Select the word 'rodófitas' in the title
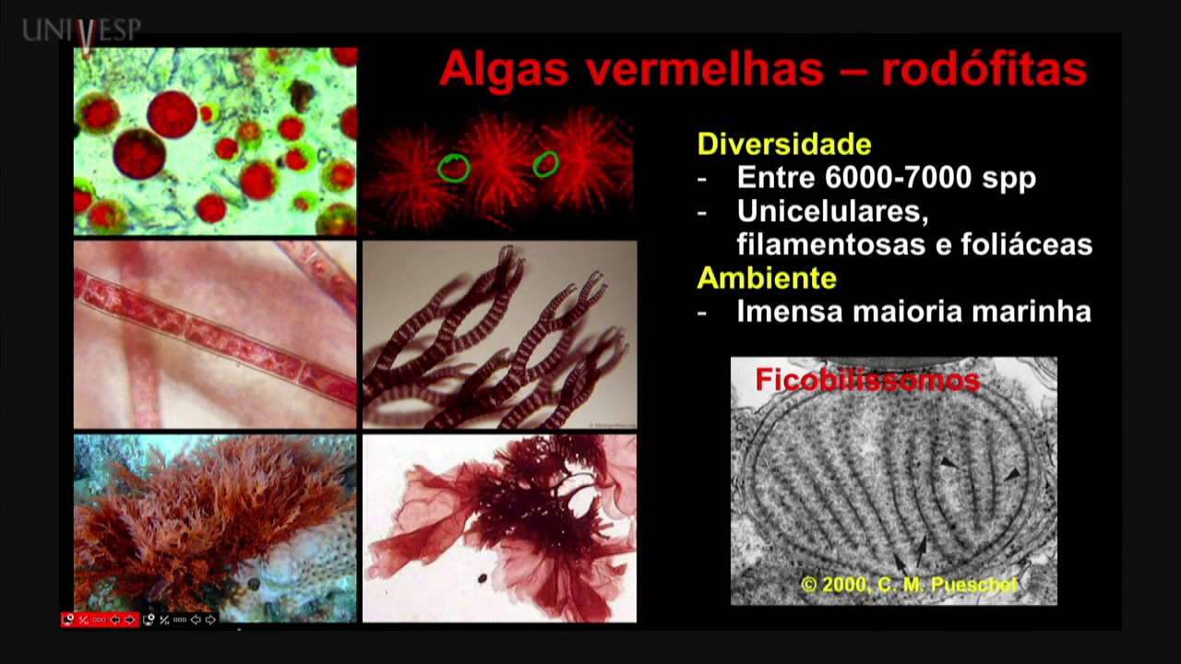click(x=984, y=69)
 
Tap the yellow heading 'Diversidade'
click(x=784, y=144)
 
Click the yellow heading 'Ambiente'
click(x=767, y=278)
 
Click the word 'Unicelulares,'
click(x=831, y=211)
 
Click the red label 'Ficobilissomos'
click(x=866, y=379)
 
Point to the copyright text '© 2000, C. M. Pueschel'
click(x=909, y=584)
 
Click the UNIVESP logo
click(x=82, y=31)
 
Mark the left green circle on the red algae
click(x=453, y=167)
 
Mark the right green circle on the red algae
click(x=545, y=164)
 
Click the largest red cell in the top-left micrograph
click(x=172, y=113)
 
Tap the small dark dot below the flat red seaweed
click(x=483, y=578)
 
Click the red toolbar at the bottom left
click(x=100, y=620)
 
